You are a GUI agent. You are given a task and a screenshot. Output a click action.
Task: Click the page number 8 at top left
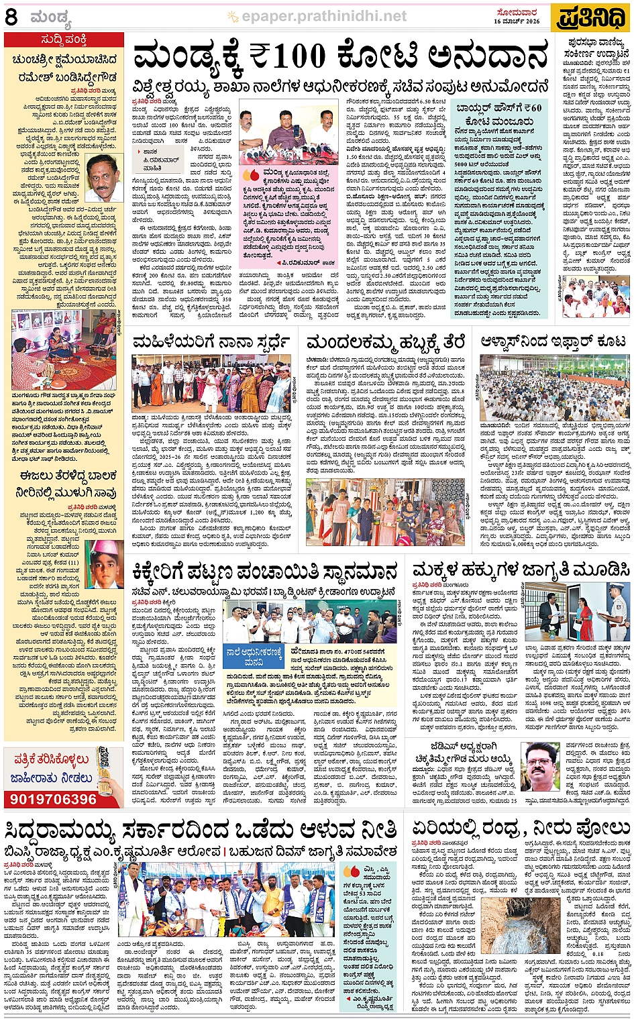pyautogui.click(x=11, y=17)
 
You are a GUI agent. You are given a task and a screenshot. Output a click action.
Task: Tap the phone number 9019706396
pyautogui.click(x=54, y=799)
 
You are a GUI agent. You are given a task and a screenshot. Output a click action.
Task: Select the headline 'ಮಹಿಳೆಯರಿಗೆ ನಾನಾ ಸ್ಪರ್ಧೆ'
pyautogui.click(x=211, y=342)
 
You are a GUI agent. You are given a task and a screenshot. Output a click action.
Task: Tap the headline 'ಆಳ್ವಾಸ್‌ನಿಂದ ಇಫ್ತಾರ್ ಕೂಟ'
pyautogui.click(x=553, y=342)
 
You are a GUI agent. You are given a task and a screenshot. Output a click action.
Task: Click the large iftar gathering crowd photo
pyautogui.click(x=555, y=388)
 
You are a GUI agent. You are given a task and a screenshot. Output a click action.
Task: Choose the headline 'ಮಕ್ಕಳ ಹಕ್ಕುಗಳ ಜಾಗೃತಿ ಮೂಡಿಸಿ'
pyautogui.click(x=521, y=570)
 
